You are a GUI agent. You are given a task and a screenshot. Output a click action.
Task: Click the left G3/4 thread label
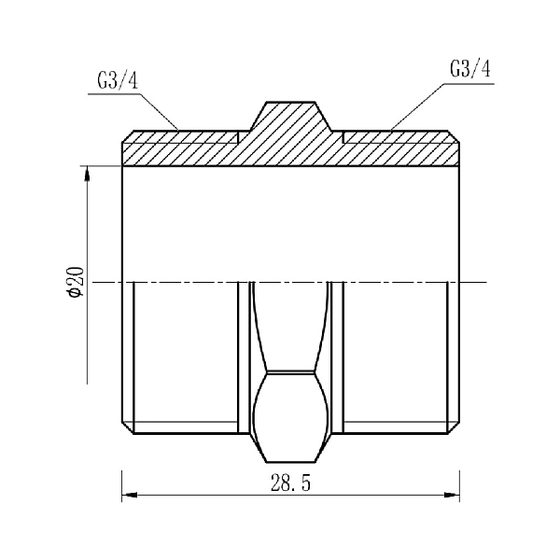[118, 81]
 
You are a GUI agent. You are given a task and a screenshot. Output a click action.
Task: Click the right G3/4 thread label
[470, 69]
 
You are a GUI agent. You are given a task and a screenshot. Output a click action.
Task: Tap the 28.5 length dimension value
[290, 483]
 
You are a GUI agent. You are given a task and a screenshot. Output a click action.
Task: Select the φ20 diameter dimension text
[77, 282]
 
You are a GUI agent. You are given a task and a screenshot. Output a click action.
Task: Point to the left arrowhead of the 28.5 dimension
[130, 495]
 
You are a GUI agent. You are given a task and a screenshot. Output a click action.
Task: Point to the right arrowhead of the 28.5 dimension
[452, 495]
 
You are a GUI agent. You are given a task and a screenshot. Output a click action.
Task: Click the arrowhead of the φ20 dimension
[87, 175]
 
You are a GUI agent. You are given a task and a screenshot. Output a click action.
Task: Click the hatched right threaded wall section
[400, 148]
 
